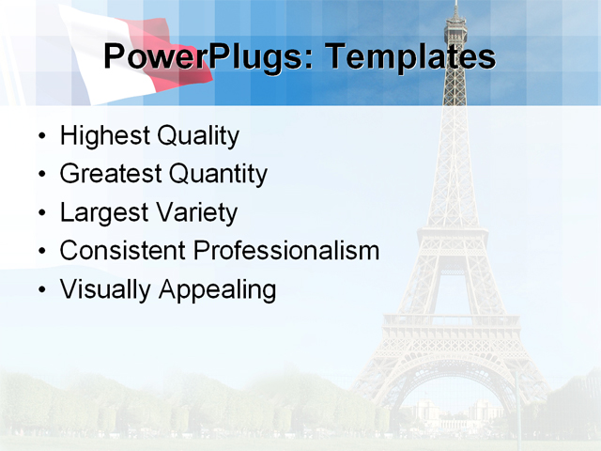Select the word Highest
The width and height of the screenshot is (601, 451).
point(104,136)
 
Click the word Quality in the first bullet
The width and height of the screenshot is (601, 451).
point(197,136)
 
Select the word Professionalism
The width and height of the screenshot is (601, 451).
point(286,251)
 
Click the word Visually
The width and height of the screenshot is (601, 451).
point(105,289)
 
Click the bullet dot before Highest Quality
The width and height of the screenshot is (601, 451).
point(41,137)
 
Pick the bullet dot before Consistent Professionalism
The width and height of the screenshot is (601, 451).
point(41,252)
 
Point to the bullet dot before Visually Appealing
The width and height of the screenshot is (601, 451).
point(41,290)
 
